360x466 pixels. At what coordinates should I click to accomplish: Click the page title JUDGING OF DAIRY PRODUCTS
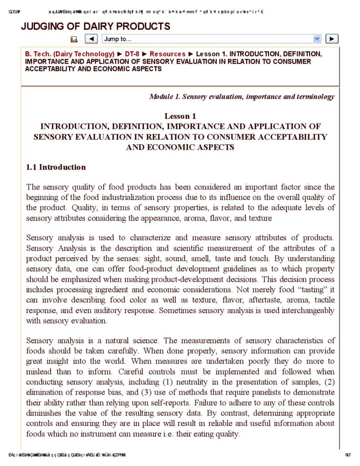point(96,26)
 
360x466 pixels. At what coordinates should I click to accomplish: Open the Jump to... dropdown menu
point(212,39)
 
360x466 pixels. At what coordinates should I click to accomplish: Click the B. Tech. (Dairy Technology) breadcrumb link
point(70,54)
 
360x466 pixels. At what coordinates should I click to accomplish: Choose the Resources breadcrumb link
point(167,54)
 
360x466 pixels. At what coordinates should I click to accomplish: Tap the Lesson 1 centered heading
point(180,116)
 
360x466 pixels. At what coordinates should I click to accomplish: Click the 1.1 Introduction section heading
point(56,167)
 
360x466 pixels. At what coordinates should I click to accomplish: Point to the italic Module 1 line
point(242,96)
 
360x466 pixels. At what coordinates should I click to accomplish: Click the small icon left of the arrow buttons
point(74,40)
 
